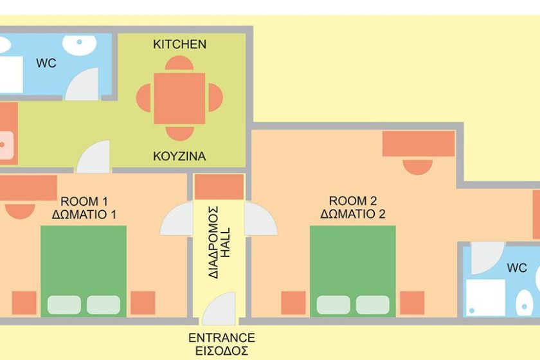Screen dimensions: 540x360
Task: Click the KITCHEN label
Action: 179,44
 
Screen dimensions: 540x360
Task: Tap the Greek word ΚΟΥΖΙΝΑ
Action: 179,156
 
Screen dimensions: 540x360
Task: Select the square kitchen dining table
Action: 179,98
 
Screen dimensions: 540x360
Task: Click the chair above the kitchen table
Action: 179,64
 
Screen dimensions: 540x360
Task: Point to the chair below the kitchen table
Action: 179,133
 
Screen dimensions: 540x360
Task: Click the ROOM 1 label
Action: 84,201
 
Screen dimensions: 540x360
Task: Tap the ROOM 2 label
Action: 353,201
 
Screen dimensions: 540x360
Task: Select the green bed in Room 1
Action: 84,271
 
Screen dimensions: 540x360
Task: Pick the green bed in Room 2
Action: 353,271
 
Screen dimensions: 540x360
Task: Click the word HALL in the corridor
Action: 226,242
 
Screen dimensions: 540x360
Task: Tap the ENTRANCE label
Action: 222,337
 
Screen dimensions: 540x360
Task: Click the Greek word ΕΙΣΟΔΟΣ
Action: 222,351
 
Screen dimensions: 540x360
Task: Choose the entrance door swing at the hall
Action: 219,309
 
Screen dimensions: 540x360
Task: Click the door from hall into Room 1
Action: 177,219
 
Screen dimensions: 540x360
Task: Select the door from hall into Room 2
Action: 261,219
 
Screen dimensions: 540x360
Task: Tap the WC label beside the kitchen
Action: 46,63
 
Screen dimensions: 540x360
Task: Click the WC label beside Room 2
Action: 517,267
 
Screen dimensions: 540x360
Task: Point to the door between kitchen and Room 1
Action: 93,157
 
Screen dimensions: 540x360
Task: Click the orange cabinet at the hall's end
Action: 219,187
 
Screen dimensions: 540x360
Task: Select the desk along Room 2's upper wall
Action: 419,143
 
